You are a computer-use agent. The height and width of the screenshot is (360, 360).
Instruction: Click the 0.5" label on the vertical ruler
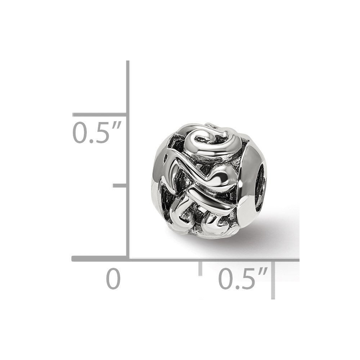(x=96, y=133)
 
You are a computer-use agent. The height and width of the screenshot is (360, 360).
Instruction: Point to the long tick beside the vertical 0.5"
(x=99, y=114)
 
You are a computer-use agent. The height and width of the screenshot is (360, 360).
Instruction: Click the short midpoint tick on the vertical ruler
(x=120, y=185)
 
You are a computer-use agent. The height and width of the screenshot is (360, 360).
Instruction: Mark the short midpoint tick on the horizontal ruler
(x=200, y=268)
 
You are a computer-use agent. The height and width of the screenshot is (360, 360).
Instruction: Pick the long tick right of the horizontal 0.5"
(x=273, y=280)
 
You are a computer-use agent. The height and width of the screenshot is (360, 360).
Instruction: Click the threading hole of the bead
(x=261, y=186)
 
